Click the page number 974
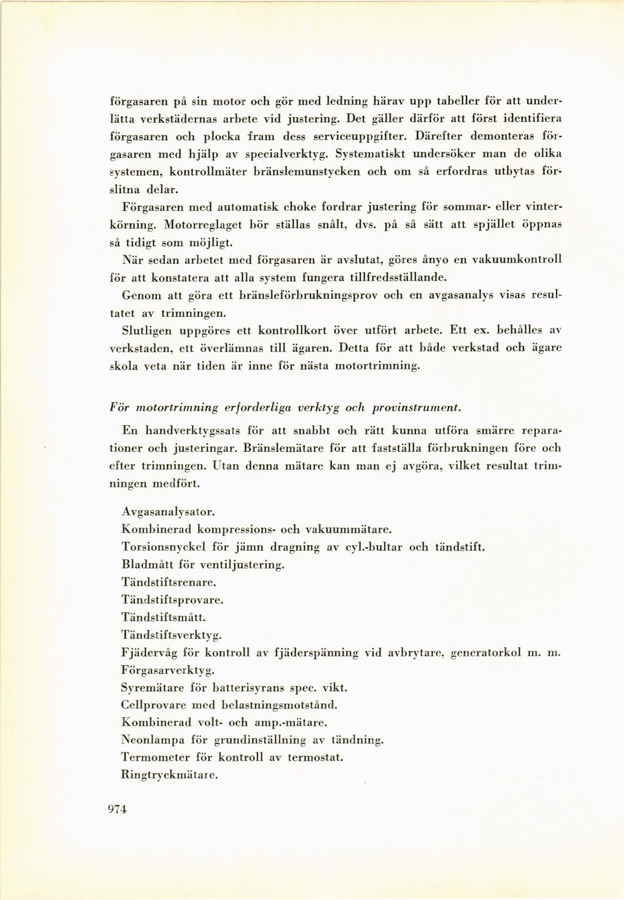tap(118, 811)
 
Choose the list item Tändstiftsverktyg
tap(166, 635)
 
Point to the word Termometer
tap(153, 757)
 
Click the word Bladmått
tap(143, 564)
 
